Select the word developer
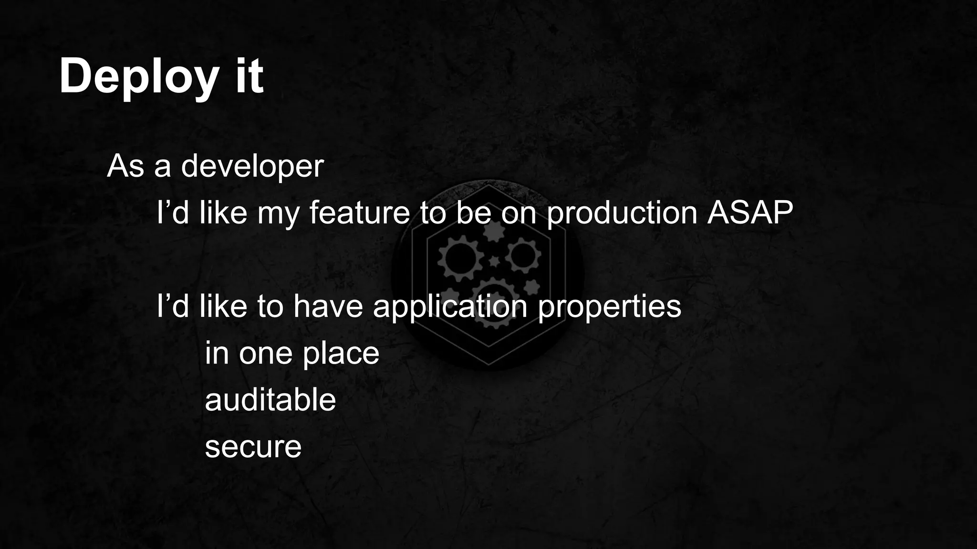click(x=252, y=167)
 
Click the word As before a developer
click(x=125, y=166)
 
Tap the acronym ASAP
click(x=750, y=213)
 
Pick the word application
click(x=450, y=307)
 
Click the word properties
click(x=609, y=307)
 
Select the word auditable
click(x=270, y=399)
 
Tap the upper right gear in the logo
click(x=523, y=255)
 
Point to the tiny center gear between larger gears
click(x=495, y=261)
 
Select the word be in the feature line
click(x=473, y=213)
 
